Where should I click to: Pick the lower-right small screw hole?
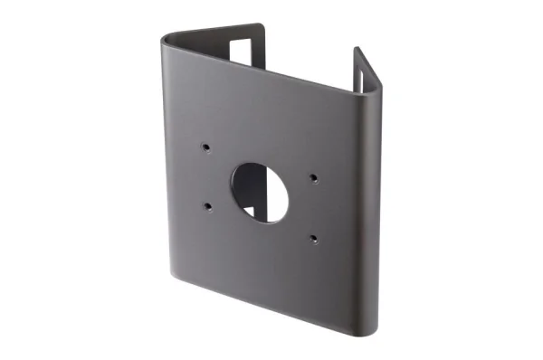tap(312, 239)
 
